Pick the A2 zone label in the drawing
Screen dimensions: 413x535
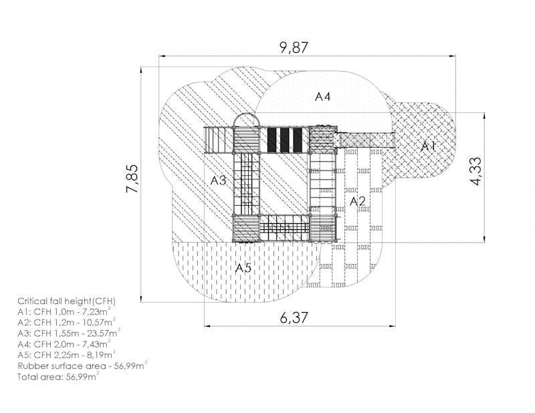tap(358, 200)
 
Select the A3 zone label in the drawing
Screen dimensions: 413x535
tap(219, 180)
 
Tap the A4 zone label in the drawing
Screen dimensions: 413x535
tap(322, 96)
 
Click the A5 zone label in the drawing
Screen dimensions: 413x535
tap(243, 268)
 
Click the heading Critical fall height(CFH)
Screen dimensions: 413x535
tap(66, 301)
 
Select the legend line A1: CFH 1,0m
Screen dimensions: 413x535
tap(64, 311)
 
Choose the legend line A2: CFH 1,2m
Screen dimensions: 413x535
tap(66, 322)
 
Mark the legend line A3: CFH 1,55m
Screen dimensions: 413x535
tap(69, 333)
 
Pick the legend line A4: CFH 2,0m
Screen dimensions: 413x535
tap(64, 343)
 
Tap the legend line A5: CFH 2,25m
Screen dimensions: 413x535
tap(66, 354)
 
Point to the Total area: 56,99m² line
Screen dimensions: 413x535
tap(58, 376)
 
